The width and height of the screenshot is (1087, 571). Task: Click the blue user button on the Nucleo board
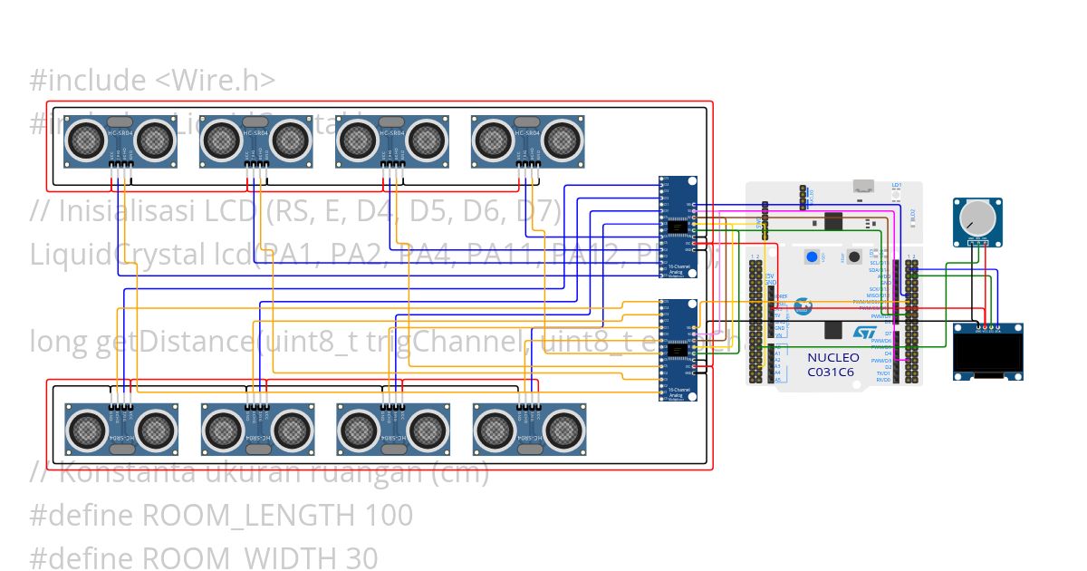click(x=812, y=257)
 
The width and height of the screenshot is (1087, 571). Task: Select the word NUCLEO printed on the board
click(x=833, y=357)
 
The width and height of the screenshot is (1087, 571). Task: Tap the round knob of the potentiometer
click(x=977, y=218)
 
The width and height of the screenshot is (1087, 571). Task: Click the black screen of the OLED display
click(x=989, y=355)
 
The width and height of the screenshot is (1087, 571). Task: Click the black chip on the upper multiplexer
click(x=678, y=227)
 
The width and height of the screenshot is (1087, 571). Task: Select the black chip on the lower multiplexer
click(x=678, y=349)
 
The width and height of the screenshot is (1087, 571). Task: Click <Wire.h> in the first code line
click(x=216, y=81)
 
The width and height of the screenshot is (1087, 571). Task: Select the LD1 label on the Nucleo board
click(x=897, y=185)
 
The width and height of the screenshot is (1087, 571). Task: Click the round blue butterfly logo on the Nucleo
click(x=803, y=306)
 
